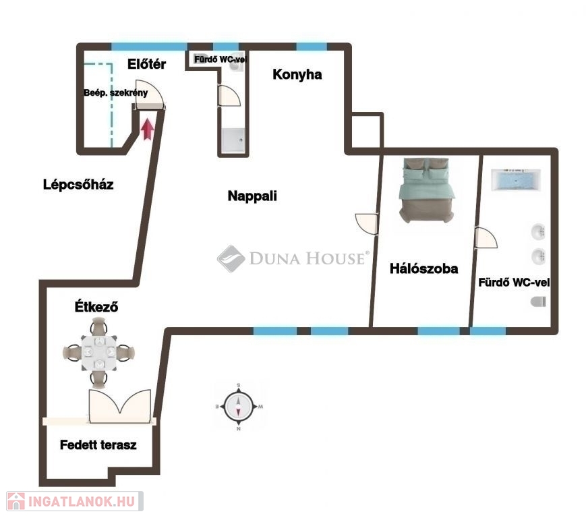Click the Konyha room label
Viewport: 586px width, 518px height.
pyautogui.click(x=297, y=74)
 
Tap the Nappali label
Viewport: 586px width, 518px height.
pyautogui.click(x=252, y=196)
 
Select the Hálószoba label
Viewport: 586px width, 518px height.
pyautogui.click(x=423, y=268)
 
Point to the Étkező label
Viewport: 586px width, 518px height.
pyautogui.click(x=96, y=306)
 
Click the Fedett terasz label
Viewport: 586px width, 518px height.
pyautogui.click(x=98, y=444)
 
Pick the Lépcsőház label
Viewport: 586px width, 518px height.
pyautogui.click(x=78, y=184)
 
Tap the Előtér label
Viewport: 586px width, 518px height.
pyautogui.click(x=146, y=64)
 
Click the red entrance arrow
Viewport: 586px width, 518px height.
pyautogui.click(x=148, y=129)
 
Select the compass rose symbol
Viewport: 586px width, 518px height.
pyautogui.click(x=239, y=406)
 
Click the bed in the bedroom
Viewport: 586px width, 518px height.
pyautogui.click(x=426, y=190)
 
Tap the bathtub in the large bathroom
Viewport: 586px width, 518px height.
pyautogui.click(x=516, y=180)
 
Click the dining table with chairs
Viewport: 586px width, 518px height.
pyautogui.click(x=98, y=353)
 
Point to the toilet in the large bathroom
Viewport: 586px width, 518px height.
pyautogui.click(x=538, y=301)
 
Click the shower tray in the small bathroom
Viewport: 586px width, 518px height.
pyautogui.click(x=233, y=140)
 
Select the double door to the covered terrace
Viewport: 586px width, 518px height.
pyautogui.click(x=120, y=406)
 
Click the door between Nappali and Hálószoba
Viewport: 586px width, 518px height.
pyautogui.click(x=367, y=224)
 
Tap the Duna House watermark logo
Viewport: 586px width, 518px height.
pyautogui.click(x=293, y=258)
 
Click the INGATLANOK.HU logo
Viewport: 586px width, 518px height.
pyautogui.click(x=75, y=501)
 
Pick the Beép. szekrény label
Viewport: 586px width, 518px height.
pyautogui.click(x=115, y=92)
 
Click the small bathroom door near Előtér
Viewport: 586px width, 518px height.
pyautogui.click(x=229, y=96)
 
